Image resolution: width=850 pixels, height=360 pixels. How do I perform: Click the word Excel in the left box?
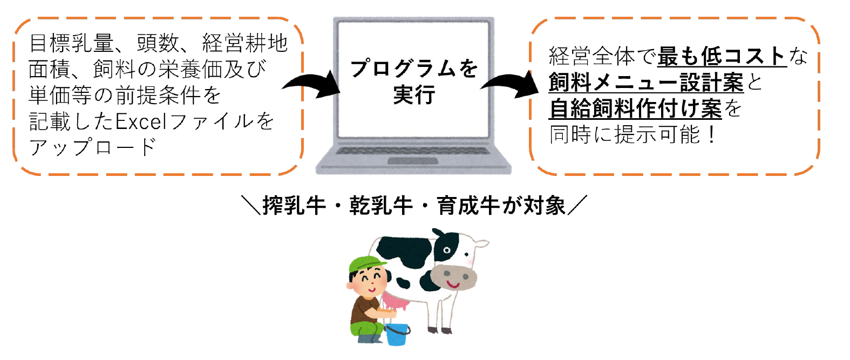[x=141, y=121]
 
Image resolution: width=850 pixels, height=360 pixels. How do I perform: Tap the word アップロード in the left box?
[x=92, y=147]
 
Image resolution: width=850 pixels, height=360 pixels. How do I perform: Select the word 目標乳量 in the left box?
[x=71, y=43]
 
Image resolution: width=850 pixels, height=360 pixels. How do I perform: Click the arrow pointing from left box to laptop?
[x=311, y=85]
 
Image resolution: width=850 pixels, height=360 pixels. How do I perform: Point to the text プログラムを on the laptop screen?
[x=413, y=69]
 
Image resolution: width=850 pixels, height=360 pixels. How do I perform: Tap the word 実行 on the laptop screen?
[x=414, y=94]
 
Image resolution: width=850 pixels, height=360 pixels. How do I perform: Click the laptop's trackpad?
[x=413, y=161]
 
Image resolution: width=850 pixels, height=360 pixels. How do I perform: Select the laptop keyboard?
[x=413, y=151]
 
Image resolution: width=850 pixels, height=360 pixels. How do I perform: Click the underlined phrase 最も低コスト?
[x=722, y=56]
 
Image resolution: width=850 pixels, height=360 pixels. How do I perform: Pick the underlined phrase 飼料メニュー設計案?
[x=646, y=83]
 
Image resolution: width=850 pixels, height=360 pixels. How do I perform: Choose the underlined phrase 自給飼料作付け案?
[x=635, y=109]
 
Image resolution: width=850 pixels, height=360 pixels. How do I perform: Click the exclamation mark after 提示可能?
[x=711, y=135]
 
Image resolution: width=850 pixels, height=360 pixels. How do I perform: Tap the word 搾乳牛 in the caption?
[x=294, y=206]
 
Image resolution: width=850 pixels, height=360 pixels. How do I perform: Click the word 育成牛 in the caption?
[x=468, y=206]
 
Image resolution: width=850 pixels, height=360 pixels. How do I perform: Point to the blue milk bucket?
[x=397, y=334]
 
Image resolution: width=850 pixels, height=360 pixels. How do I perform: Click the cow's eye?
[x=447, y=250]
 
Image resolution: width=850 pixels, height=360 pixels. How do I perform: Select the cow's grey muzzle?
[x=453, y=277]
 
